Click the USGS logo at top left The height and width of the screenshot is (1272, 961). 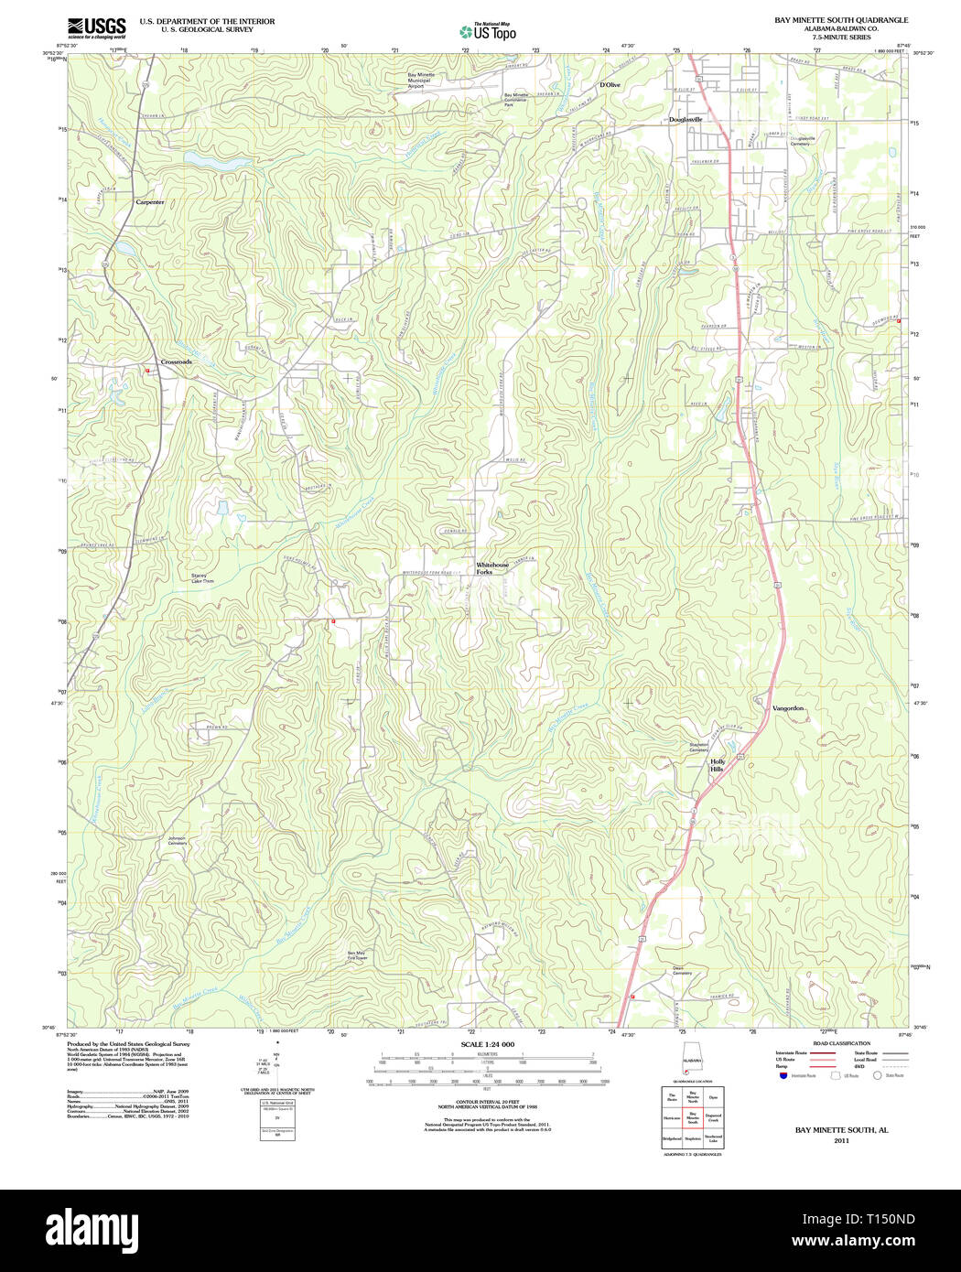(x=96, y=27)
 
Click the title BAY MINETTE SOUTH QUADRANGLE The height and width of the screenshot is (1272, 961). (x=841, y=19)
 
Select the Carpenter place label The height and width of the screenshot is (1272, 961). (x=150, y=201)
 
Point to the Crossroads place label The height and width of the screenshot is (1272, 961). (x=177, y=362)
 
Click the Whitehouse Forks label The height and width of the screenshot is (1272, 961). (x=491, y=568)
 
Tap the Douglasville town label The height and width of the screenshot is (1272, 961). (x=686, y=120)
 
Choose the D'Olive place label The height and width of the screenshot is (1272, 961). (x=610, y=85)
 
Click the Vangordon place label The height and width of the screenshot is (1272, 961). (x=788, y=708)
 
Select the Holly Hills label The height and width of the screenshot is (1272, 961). (x=718, y=765)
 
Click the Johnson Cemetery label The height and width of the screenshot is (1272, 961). (x=177, y=840)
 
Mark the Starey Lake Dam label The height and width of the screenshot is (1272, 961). (x=201, y=578)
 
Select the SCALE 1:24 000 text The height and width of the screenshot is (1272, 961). (x=487, y=1044)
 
